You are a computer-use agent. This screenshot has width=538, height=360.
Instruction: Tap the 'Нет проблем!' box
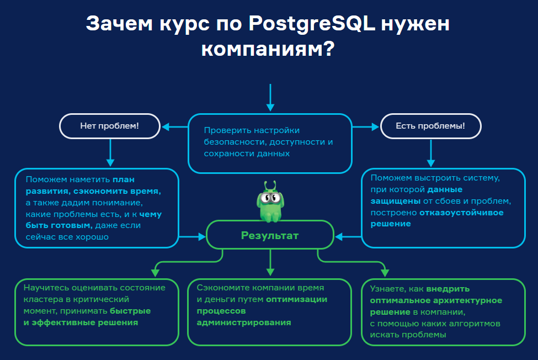(x=109, y=126)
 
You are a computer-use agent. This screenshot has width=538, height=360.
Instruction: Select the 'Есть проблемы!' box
(x=430, y=126)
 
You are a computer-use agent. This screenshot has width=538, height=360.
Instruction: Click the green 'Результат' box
(x=270, y=236)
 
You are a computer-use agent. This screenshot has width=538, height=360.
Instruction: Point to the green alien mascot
(x=269, y=202)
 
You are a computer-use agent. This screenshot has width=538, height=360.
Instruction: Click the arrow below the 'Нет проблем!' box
(x=110, y=152)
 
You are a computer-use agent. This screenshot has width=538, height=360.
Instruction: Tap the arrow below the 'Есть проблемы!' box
(x=430, y=152)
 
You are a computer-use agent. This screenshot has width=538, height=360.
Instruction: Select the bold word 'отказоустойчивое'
(x=461, y=212)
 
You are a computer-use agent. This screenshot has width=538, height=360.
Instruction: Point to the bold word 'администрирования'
(x=244, y=322)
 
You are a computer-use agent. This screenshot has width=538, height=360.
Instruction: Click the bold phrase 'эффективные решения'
(x=84, y=322)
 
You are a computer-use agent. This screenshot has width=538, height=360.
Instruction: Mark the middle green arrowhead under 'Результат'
(x=270, y=271)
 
